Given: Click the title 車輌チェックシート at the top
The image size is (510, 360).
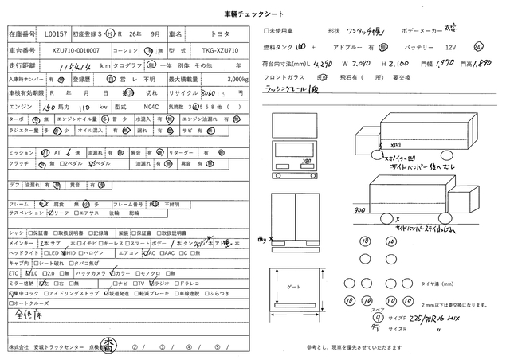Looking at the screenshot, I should pos(254,14).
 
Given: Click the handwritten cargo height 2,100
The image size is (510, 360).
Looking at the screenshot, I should pos(398,62).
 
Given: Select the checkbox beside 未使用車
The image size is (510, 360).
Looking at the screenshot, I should pos(266,31).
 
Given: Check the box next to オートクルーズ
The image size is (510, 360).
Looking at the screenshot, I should pos(12,303).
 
